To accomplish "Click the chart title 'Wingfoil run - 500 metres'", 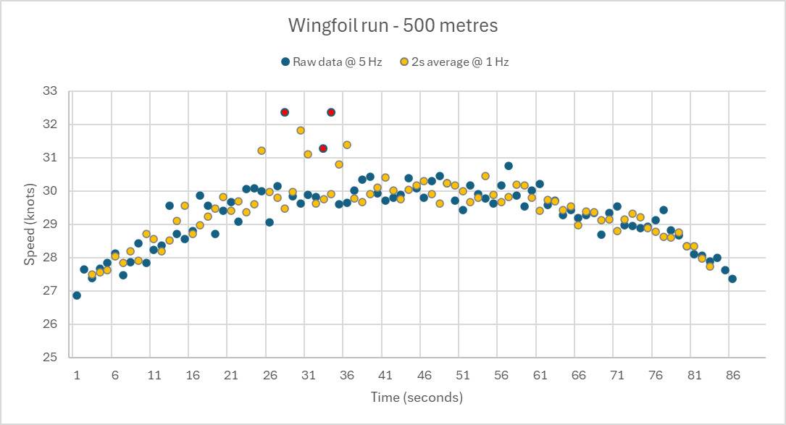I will pyautogui.click(x=393, y=26).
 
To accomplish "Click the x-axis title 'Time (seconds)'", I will pyautogui.click(x=417, y=397).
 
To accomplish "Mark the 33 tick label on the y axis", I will pyautogui.click(x=50, y=91).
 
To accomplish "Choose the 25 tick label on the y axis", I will pyautogui.click(x=50, y=358).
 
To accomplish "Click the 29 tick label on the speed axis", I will pyautogui.click(x=50, y=224).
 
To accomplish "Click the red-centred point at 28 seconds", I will pyautogui.click(x=285, y=112).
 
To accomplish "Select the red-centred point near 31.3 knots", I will pyautogui.click(x=323, y=148).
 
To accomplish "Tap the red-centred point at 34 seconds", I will pyautogui.click(x=331, y=112).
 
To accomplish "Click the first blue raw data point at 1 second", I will pyautogui.click(x=77, y=295).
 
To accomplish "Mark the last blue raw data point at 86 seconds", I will pyautogui.click(x=732, y=279).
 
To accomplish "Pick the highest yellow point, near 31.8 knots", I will pyautogui.click(x=300, y=130).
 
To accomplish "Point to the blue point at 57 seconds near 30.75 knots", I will pyautogui.click(x=509, y=166).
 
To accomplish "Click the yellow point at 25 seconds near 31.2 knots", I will pyautogui.click(x=262, y=151).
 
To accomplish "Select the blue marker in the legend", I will pyautogui.click(x=286, y=62).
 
